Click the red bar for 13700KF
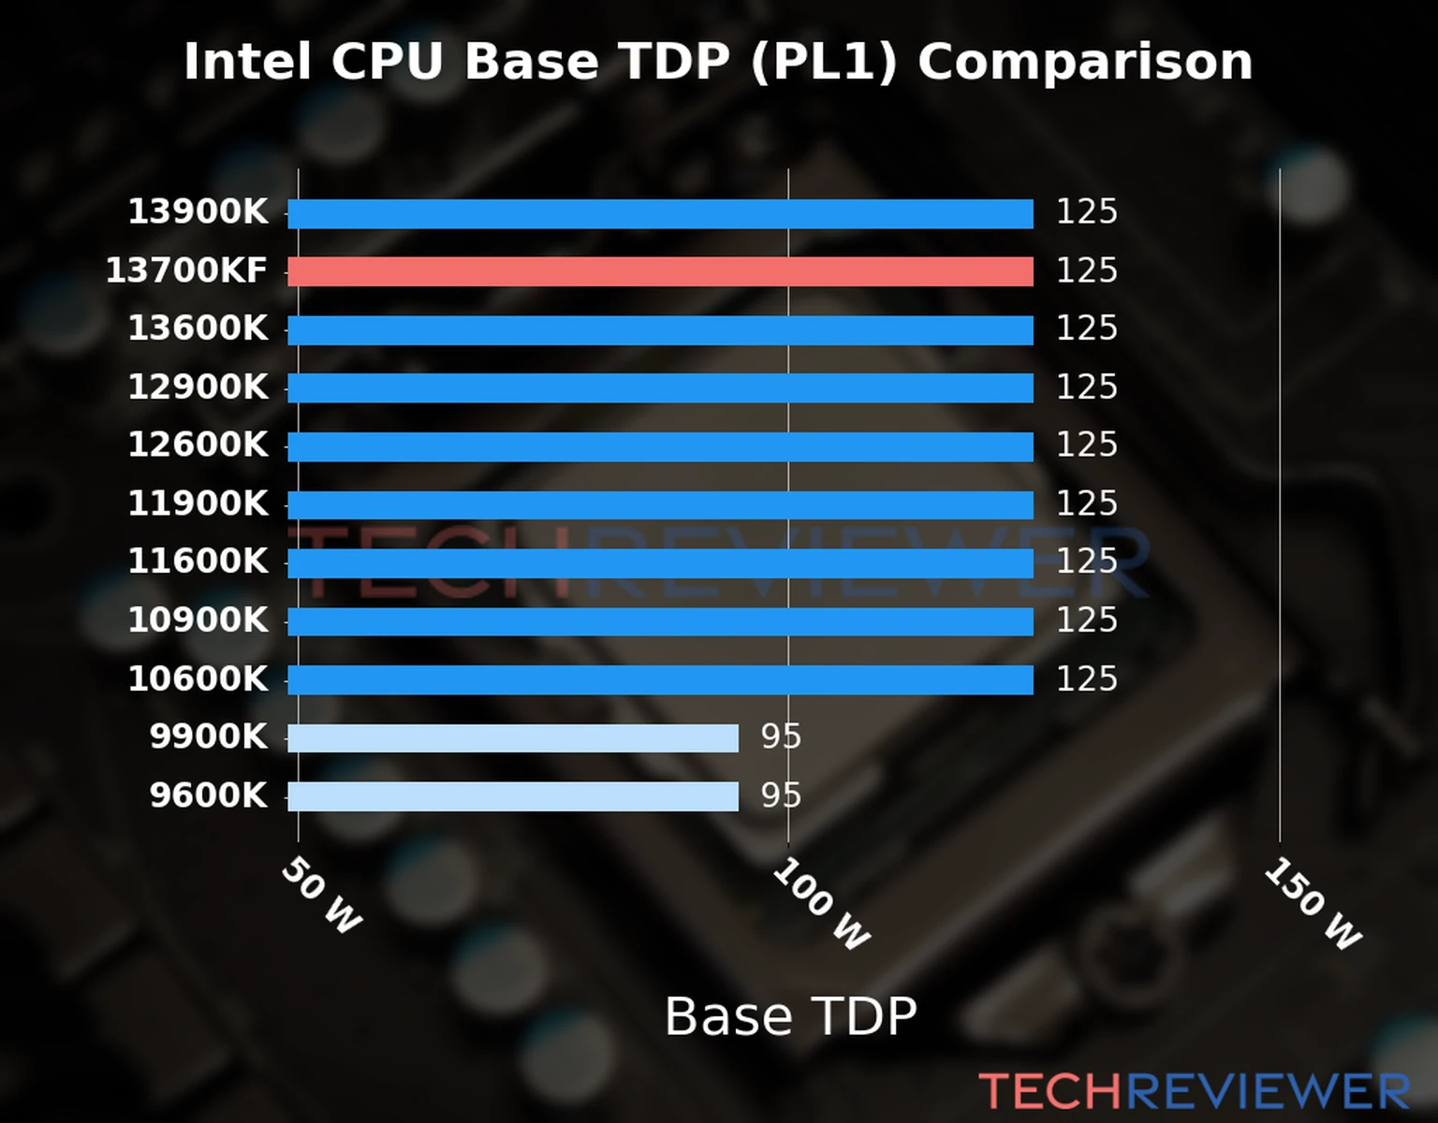[660, 271]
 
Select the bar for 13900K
[660, 213]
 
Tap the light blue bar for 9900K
[512, 737]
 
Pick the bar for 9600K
[512, 796]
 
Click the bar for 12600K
[660, 446]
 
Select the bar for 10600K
[660, 679]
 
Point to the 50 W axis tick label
[321, 896]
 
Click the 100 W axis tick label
[821, 904]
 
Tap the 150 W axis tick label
[1313, 904]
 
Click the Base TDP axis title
[790, 1016]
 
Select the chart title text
[718, 62]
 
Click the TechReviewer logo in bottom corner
[1194, 1091]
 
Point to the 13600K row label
[198, 328]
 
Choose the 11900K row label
[198, 503]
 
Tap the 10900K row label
[198, 620]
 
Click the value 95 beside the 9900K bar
[781, 737]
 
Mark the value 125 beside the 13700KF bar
[1086, 270]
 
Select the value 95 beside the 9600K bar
[781, 795]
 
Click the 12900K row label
[198, 386]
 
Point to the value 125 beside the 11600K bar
[1086, 561]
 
